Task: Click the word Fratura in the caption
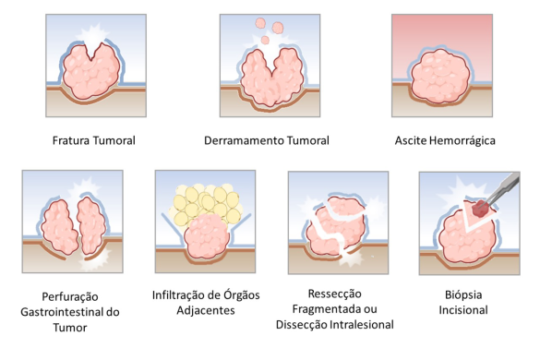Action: pyautogui.click(x=72, y=141)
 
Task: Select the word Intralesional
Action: pyautogui.click(x=361, y=324)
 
